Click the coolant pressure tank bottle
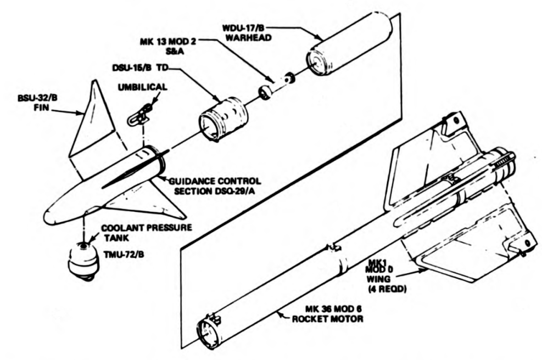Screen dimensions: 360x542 point(84,261)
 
